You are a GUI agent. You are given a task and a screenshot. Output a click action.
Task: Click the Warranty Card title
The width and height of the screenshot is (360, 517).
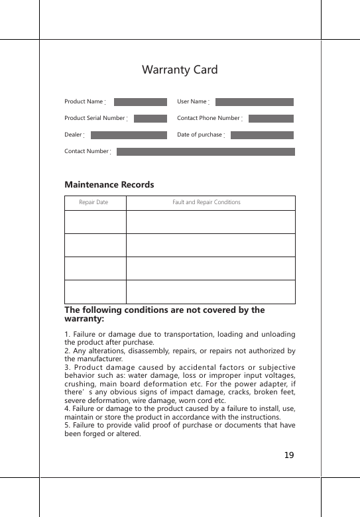[180, 70]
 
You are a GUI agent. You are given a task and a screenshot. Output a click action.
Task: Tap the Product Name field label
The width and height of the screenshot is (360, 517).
[84, 101]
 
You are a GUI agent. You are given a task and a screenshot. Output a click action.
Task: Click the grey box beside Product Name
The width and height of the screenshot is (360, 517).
[141, 102]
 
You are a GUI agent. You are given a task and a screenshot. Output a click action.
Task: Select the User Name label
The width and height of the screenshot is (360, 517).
[192, 101]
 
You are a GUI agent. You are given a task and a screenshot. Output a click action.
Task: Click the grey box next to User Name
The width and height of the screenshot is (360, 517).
[255, 102]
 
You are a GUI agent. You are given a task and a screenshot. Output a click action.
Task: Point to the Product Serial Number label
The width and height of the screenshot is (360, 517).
[94, 118]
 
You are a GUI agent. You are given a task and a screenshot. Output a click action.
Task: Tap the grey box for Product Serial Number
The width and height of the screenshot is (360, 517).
[150, 119]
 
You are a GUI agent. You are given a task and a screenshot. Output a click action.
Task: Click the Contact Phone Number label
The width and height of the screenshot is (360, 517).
[208, 118]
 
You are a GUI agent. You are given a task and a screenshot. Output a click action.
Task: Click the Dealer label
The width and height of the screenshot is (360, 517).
[73, 135]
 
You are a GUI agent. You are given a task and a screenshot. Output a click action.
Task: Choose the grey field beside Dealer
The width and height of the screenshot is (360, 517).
[129, 135]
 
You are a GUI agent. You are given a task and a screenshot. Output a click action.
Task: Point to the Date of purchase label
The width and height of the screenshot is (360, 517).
[200, 135]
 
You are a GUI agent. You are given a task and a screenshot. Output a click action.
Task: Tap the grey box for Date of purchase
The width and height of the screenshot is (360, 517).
[262, 135]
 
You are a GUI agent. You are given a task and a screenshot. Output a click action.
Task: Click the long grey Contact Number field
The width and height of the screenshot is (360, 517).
[206, 152]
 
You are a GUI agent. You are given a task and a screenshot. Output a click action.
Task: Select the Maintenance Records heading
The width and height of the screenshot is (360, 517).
[109, 184]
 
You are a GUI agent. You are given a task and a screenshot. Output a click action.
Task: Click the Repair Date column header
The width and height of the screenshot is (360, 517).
[93, 202]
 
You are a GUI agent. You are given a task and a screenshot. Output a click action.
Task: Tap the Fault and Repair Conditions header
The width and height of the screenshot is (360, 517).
[206, 202]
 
